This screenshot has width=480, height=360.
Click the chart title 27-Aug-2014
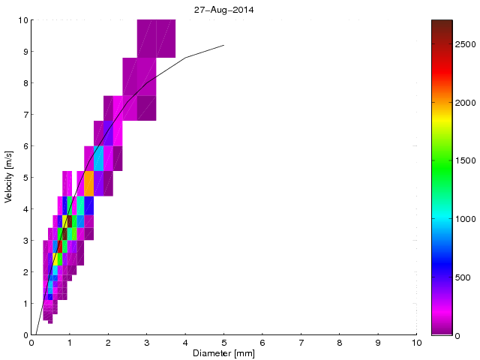tap(223, 10)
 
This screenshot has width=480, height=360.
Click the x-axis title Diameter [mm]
tap(223, 353)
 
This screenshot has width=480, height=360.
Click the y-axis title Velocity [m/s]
tap(8, 178)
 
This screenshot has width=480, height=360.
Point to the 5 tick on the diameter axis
tap(223, 343)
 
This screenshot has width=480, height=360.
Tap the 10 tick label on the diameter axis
tap(416, 343)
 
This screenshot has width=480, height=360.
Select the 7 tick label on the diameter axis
tap(301, 343)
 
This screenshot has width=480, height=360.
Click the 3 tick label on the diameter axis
tap(146, 343)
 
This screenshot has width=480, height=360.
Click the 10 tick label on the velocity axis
tap(22, 20)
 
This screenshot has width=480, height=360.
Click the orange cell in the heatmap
tap(89, 183)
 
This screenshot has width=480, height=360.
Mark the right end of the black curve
tap(223, 45)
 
